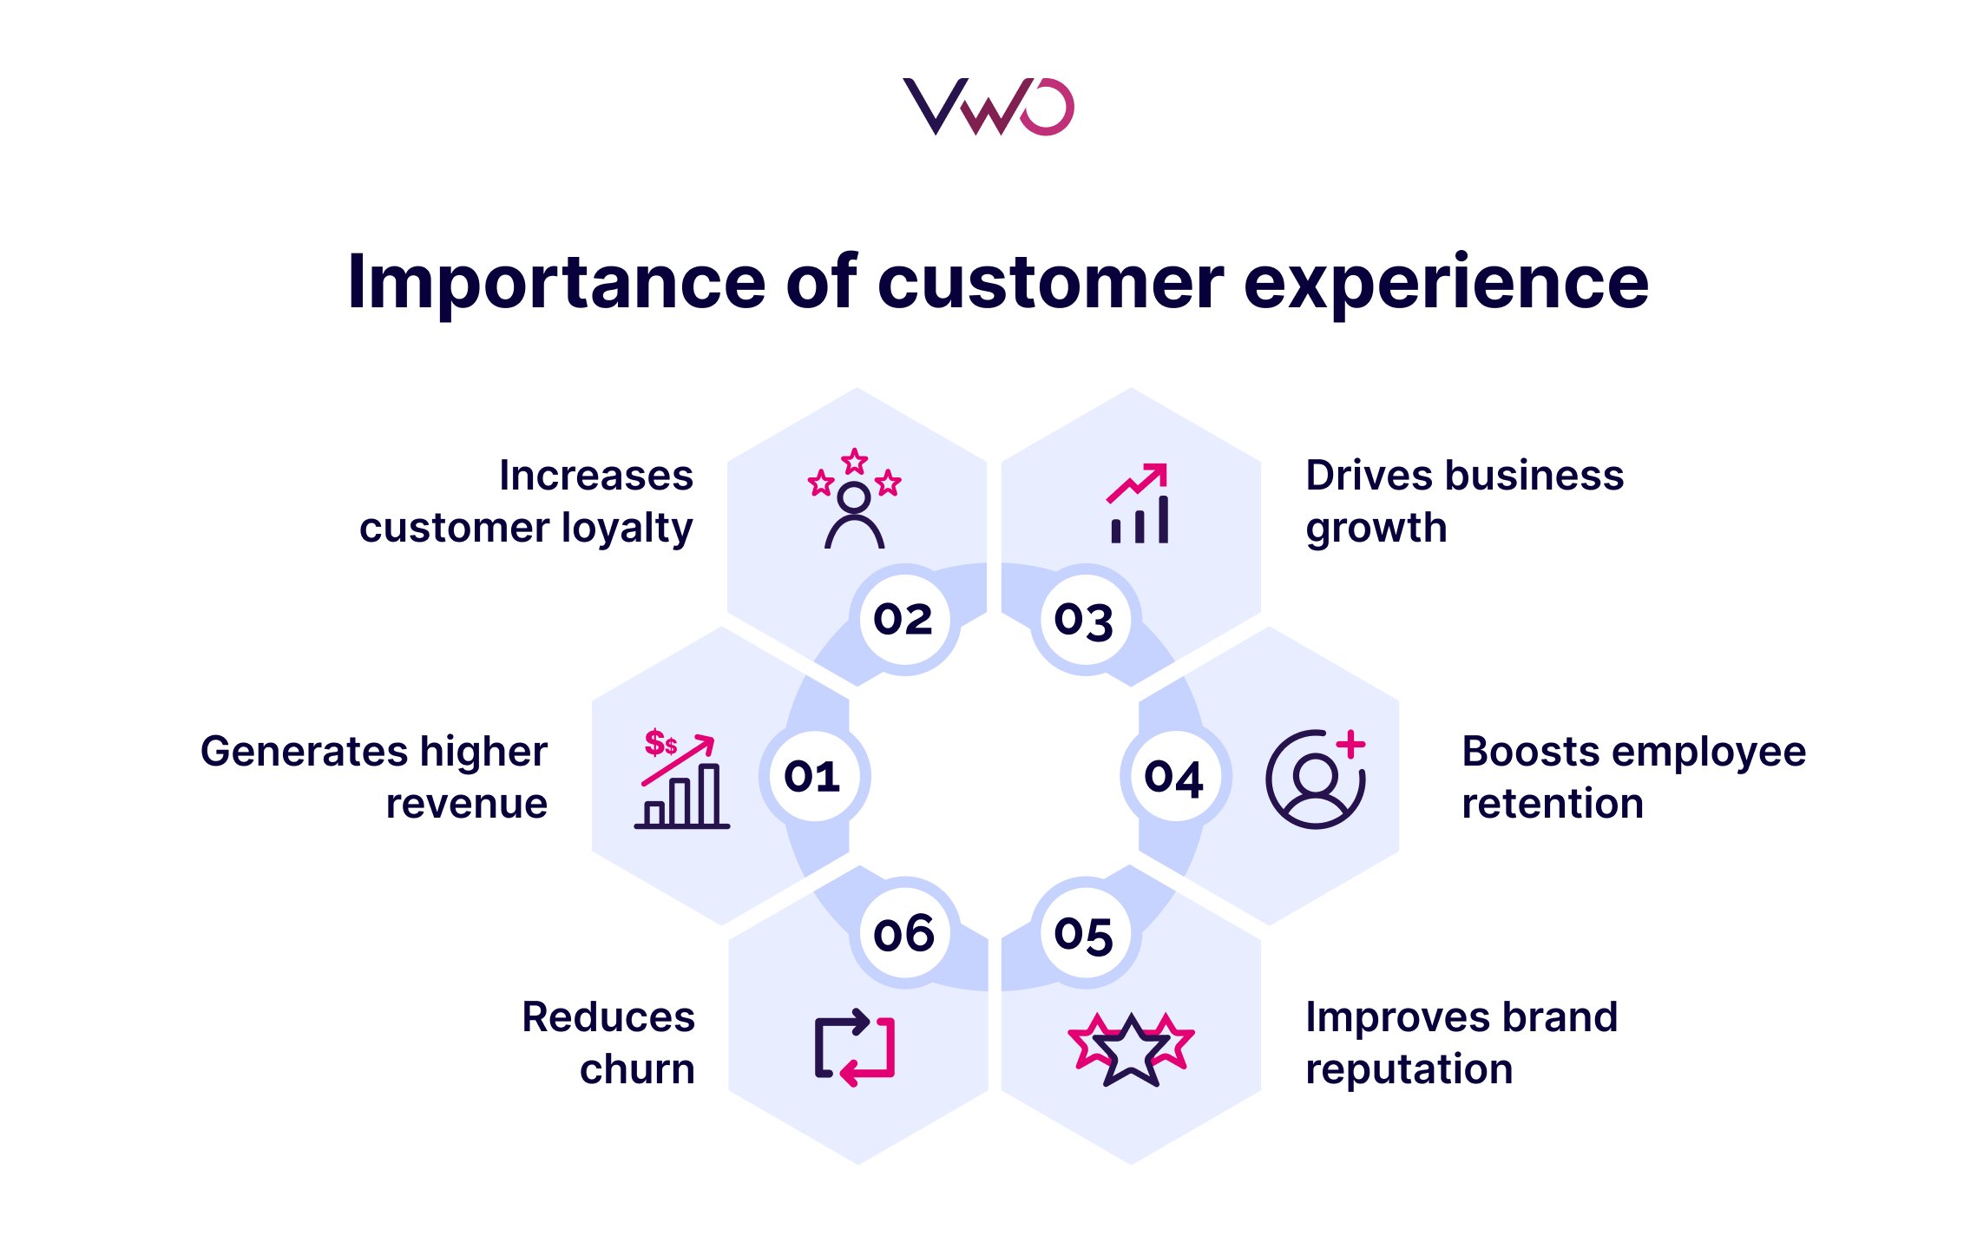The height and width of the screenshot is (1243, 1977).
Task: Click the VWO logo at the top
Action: (x=988, y=107)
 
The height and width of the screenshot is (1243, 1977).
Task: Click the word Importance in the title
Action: (x=556, y=283)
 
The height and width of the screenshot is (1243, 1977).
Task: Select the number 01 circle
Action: (x=813, y=776)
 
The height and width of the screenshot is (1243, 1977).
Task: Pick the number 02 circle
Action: (x=903, y=619)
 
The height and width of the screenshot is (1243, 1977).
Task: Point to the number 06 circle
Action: (x=903, y=934)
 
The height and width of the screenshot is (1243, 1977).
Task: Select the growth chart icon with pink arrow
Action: (x=1139, y=503)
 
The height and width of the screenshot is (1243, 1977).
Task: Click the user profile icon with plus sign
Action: (x=1316, y=778)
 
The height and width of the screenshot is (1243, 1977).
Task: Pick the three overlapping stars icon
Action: (x=1131, y=1049)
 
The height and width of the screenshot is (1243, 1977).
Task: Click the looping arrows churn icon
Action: (x=855, y=1047)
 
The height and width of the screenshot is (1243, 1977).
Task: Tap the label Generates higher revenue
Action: (x=374, y=777)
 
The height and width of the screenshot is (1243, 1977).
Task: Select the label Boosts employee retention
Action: (x=1633, y=777)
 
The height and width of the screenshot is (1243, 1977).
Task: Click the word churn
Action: (x=637, y=1069)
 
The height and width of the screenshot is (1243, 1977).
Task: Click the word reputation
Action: (x=1409, y=1069)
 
